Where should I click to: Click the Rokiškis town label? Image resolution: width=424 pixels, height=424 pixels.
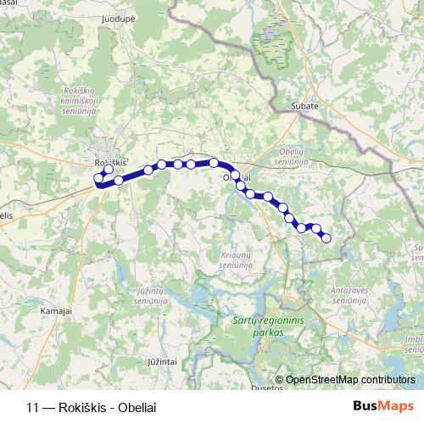coord(110,161)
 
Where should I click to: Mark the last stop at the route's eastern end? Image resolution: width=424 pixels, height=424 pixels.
coord(326,238)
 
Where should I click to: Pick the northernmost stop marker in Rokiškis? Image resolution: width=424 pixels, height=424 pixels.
coord(109,169)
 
